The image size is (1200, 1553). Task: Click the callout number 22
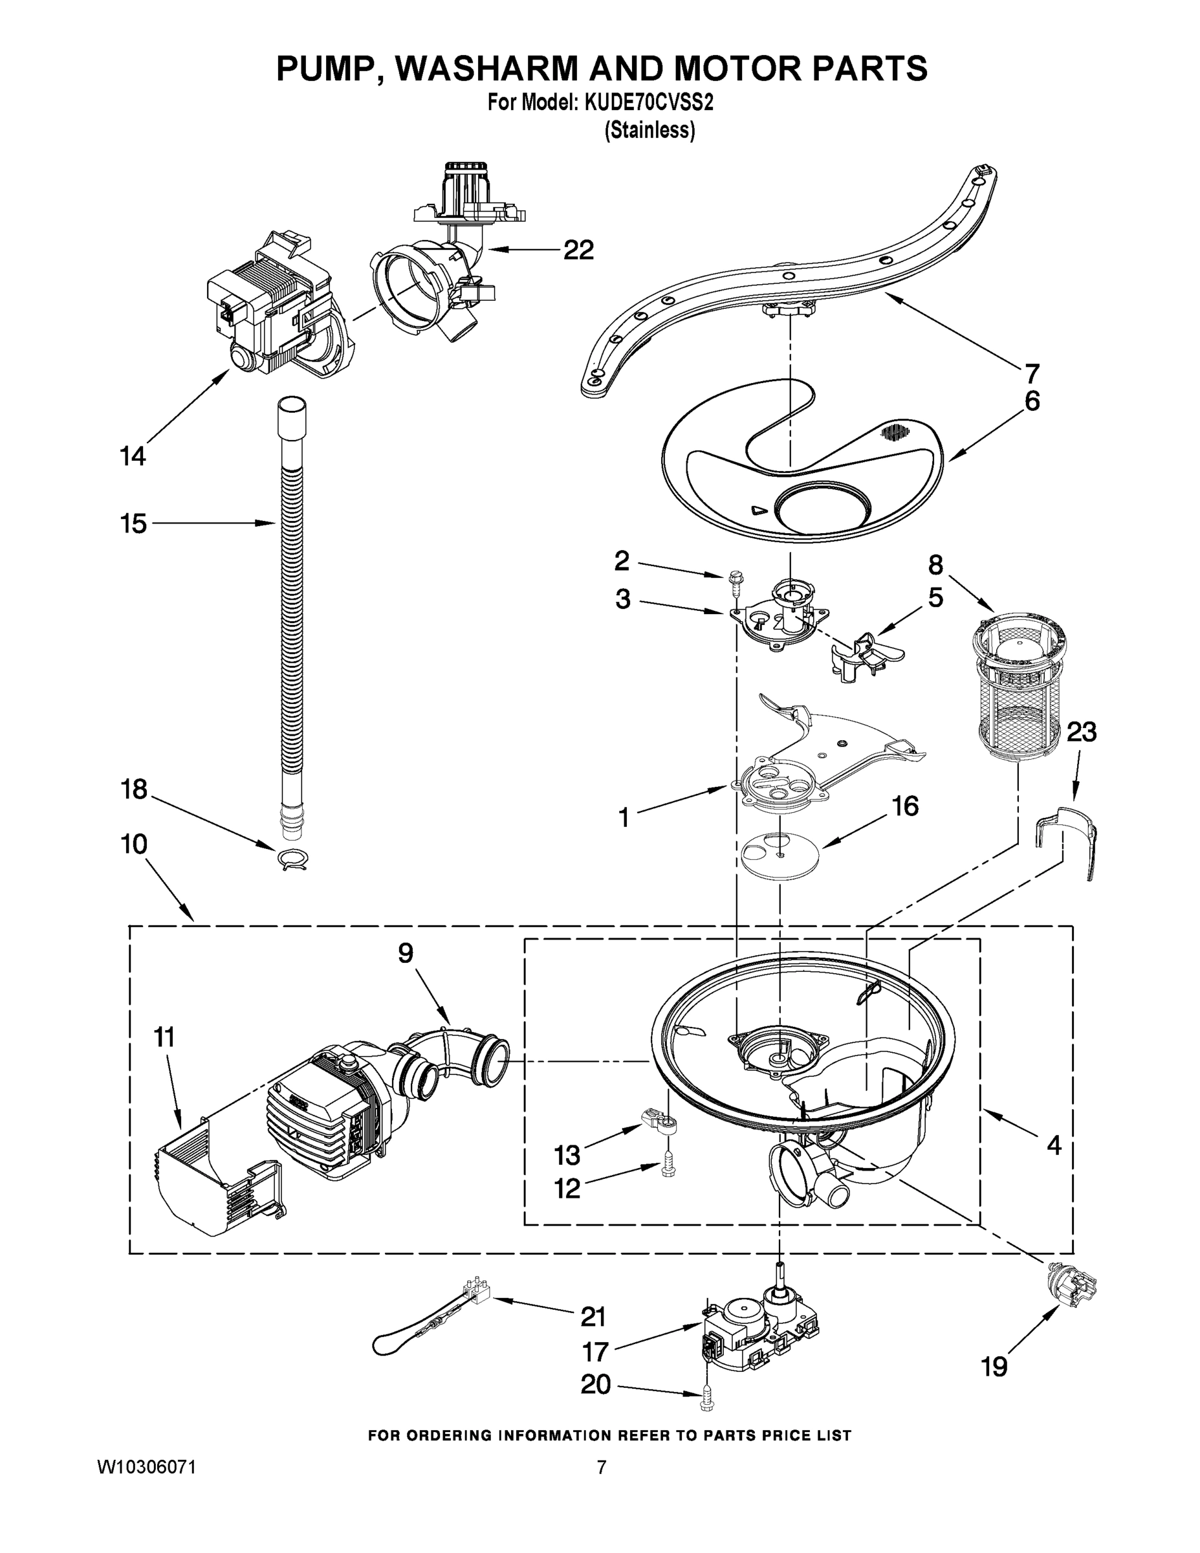tap(578, 250)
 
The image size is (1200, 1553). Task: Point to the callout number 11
tap(164, 1037)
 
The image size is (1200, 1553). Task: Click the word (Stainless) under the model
tap(649, 131)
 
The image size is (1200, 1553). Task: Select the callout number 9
tap(405, 954)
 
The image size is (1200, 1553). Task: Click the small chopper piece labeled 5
tap(862, 653)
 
